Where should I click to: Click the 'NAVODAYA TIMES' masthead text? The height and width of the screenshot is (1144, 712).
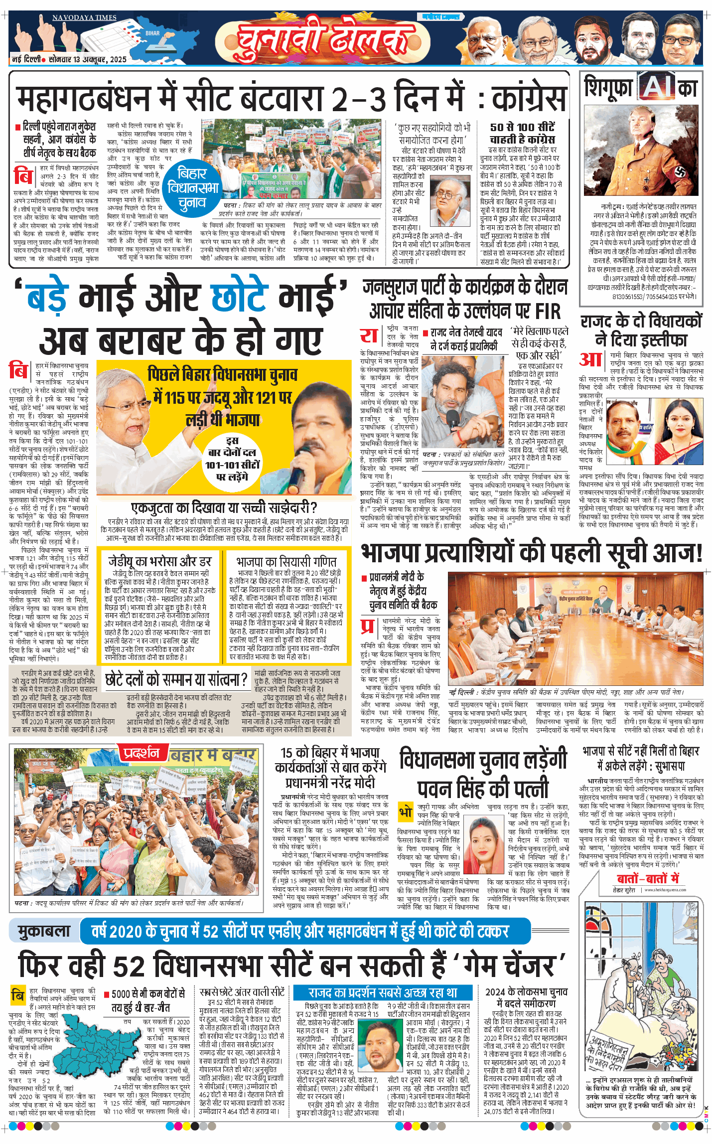tap(84, 18)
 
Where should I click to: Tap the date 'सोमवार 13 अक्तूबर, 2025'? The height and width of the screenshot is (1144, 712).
tap(87, 59)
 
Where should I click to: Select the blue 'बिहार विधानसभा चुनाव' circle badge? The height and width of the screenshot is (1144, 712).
tap(193, 188)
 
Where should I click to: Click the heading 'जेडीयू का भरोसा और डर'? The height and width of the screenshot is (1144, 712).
tap(160, 561)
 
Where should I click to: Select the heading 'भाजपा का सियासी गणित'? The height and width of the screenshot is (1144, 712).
tap(286, 561)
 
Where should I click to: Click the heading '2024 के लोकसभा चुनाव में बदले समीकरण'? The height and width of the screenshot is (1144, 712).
tap(526, 997)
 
